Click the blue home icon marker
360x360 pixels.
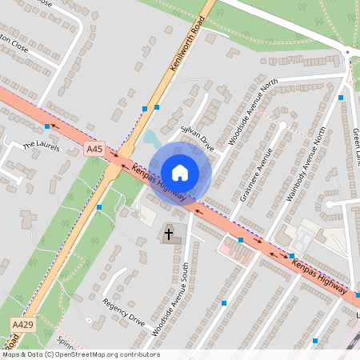tap(180, 172)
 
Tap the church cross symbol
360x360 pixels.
tap(169, 235)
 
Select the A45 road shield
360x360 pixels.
tap(94, 149)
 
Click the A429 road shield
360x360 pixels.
tap(23, 323)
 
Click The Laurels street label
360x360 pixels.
tap(42, 146)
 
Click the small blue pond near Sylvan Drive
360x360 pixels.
tap(151, 141)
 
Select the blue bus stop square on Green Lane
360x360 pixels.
tap(341, 98)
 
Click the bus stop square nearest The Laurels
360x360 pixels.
tap(47, 126)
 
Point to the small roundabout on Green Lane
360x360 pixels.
tap(347, 52)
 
